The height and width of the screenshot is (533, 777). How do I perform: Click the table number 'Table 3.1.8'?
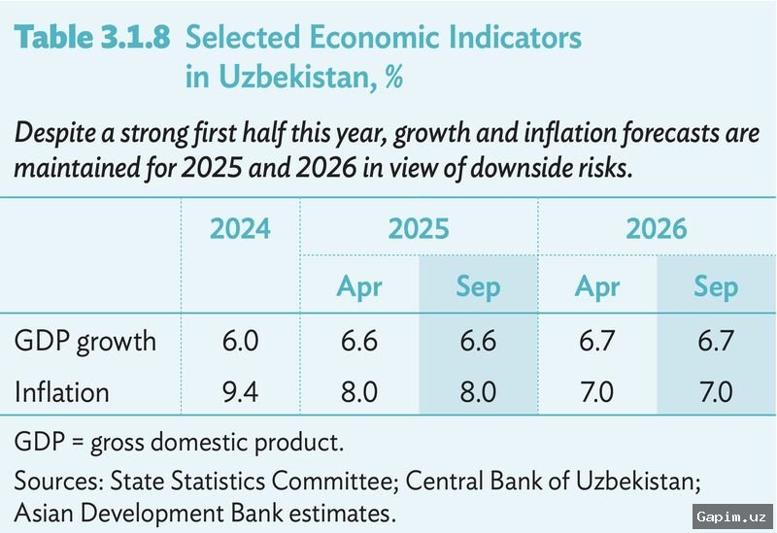(92, 38)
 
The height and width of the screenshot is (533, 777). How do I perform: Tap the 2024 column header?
(240, 229)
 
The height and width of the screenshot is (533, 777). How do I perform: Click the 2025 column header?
(419, 229)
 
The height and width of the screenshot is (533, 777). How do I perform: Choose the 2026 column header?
(656, 229)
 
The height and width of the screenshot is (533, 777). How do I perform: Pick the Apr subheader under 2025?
(359, 287)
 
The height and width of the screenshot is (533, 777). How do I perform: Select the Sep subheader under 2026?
(716, 287)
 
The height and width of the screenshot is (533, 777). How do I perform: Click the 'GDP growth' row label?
(85, 342)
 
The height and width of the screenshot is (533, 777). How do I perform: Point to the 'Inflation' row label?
(62, 392)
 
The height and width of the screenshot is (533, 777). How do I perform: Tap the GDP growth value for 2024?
(240, 342)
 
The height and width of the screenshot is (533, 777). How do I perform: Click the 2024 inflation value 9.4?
(240, 392)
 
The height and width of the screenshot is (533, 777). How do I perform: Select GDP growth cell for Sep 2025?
(478, 342)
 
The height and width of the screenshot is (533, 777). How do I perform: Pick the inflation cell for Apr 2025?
(359, 392)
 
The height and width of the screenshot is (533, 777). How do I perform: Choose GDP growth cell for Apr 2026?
(597, 342)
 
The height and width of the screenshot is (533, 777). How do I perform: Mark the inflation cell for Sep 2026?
(716, 392)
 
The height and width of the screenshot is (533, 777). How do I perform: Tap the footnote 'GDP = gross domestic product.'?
(179, 443)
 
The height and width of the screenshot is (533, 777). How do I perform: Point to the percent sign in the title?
(393, 77)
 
